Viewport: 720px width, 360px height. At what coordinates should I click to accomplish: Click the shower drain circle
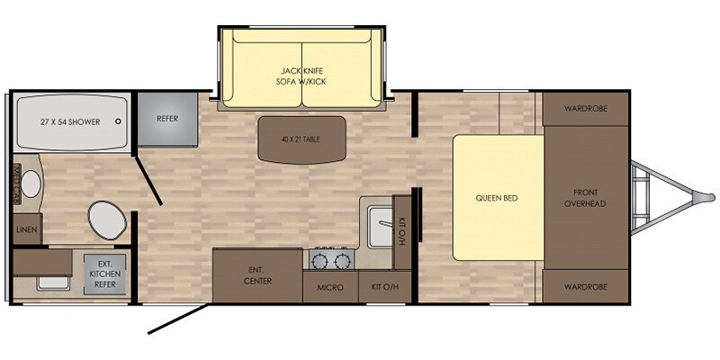(119, 121)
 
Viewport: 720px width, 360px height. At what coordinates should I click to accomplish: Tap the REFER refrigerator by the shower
(167, 119)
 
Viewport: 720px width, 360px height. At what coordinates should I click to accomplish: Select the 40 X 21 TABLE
(301, 139)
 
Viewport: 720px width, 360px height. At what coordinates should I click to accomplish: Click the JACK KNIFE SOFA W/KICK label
(301, 76)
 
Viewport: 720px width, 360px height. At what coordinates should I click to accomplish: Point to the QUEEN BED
(499, 198)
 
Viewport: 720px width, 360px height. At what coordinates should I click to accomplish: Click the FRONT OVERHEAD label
(585, 198)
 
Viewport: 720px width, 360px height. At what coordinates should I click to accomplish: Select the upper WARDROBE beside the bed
(586, 109)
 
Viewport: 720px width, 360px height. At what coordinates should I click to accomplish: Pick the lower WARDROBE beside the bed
(586, 286)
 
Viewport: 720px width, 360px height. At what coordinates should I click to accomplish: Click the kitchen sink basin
(380, 227)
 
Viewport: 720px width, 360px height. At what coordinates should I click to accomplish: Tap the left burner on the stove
(319, 261)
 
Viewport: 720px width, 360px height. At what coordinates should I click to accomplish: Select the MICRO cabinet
(330, 287)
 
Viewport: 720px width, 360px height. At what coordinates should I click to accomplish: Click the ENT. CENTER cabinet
(257, 275)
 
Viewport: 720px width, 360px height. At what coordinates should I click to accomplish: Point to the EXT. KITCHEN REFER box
(104, 274)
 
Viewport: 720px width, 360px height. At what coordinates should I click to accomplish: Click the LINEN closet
(28, 229)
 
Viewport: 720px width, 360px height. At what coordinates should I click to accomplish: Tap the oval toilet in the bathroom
(107, 220)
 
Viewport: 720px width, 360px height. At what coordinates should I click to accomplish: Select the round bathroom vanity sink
(31, 184)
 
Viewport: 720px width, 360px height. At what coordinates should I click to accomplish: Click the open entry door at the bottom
(179, 318)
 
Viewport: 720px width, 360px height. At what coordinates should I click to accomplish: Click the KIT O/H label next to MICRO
(385, 287)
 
